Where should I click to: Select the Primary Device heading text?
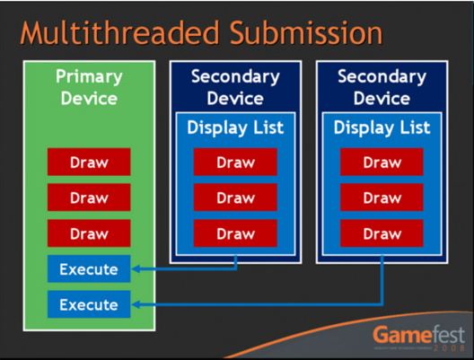pyautogui.click(x=88, y=87)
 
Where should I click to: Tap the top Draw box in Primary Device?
pyautogui.click(x=88, y=162)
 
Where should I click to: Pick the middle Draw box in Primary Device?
pyautogui.click(x=88, y=197)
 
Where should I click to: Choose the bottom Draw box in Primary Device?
pyautogui.click(x=88, y=233)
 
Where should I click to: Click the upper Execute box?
pyautogui.click(x=88, y=268)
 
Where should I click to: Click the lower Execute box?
pyautogui.click(x=88, y=304)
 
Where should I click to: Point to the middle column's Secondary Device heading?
pyautogui.click(x=234, y=87)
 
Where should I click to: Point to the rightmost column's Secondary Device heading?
pyautogui.click(x=381, y=87)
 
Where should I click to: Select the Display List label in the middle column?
pyautogui.click(x=234, y=127)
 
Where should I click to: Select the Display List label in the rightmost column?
pyautogui.click(x=381, y=127)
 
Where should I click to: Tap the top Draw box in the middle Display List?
pyautogui.click(x=234, y=162)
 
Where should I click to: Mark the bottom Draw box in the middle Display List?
pyautogui.click(x=234, y=233)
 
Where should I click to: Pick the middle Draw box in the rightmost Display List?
pyautogui.click(x=381, y=197)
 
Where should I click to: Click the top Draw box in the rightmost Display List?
pyautogui.click(x=381, y=162)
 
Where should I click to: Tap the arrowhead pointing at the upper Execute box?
pyautogui.click(x=137, y=268)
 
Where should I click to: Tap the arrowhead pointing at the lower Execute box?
pyautogui.click(x=137, y=304)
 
